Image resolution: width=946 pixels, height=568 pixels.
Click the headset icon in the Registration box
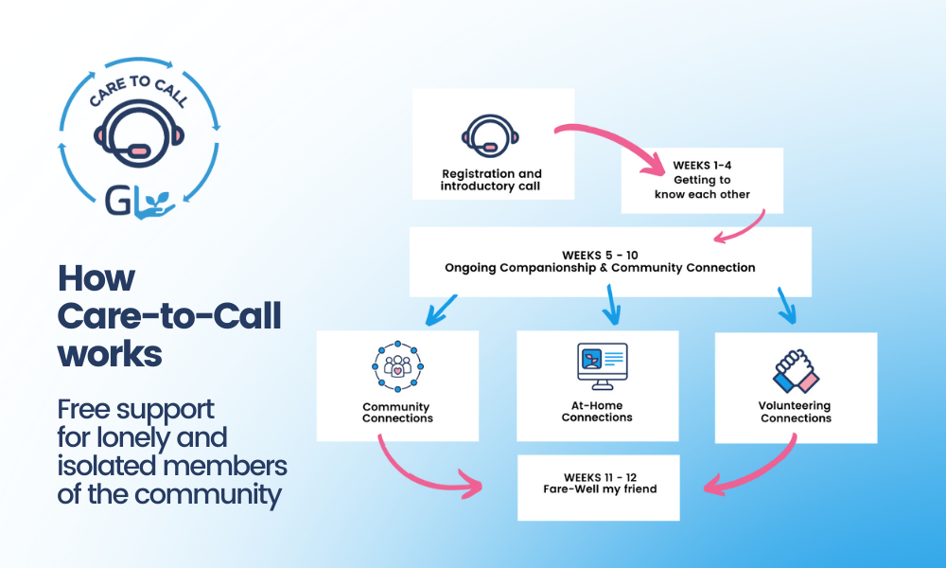tap(490, 136)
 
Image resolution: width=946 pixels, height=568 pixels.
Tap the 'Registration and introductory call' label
tap(491, 180)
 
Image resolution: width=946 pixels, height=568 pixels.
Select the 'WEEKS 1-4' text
tap(702, 166)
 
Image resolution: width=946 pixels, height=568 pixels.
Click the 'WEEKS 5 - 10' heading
tap(600, 256)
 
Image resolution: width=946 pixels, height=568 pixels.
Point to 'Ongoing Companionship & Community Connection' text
tap(600, 268)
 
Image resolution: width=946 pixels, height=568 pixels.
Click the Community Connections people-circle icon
tap(397, 366)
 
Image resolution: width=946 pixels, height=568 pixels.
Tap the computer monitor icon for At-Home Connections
tap(602, 366)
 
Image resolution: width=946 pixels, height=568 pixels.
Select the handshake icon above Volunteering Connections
tap(796, 371)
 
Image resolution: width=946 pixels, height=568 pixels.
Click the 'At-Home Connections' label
tap(597, 411)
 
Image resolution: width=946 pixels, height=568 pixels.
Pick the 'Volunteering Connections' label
tap(796, 412)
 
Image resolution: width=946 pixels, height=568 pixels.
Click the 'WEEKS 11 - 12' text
tap(600, 477)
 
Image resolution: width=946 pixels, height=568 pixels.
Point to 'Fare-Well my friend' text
tap(600, 488)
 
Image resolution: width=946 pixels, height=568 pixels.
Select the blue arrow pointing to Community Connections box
tap(441, 311)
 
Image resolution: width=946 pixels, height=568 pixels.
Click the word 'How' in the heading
tap(96, 278)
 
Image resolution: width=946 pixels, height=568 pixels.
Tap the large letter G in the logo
tap(117, 201)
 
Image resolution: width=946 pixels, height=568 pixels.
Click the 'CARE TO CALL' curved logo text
tap(139, 89)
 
